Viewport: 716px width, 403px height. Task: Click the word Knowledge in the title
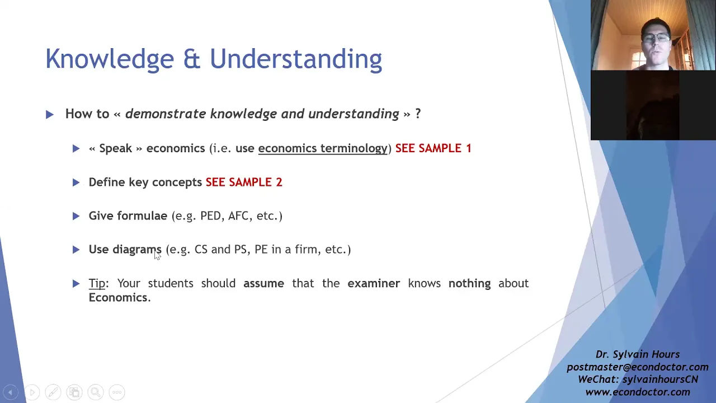point(110,59)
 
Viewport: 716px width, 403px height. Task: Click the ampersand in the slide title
point(192,59)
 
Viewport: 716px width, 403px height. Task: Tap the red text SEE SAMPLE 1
point(433,148)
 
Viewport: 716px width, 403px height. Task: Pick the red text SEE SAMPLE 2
point(244,182)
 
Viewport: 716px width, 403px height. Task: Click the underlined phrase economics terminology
point(323,149)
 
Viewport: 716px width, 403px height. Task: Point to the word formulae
point(142,216)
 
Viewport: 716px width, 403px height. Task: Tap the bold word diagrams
point(137,250)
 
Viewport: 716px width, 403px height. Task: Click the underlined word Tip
point(97,284)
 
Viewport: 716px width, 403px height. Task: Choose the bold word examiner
point(374,283)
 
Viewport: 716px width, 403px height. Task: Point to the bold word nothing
point(469,284)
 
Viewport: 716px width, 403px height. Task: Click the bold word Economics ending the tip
point(118,298)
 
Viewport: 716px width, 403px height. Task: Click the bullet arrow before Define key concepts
point(76,182)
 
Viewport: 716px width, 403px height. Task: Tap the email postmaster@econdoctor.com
point(637,367)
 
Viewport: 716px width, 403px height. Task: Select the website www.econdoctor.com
point(637,392)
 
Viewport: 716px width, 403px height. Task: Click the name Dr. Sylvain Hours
point(637,354)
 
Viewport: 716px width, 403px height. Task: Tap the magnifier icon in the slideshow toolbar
point(96,392)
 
